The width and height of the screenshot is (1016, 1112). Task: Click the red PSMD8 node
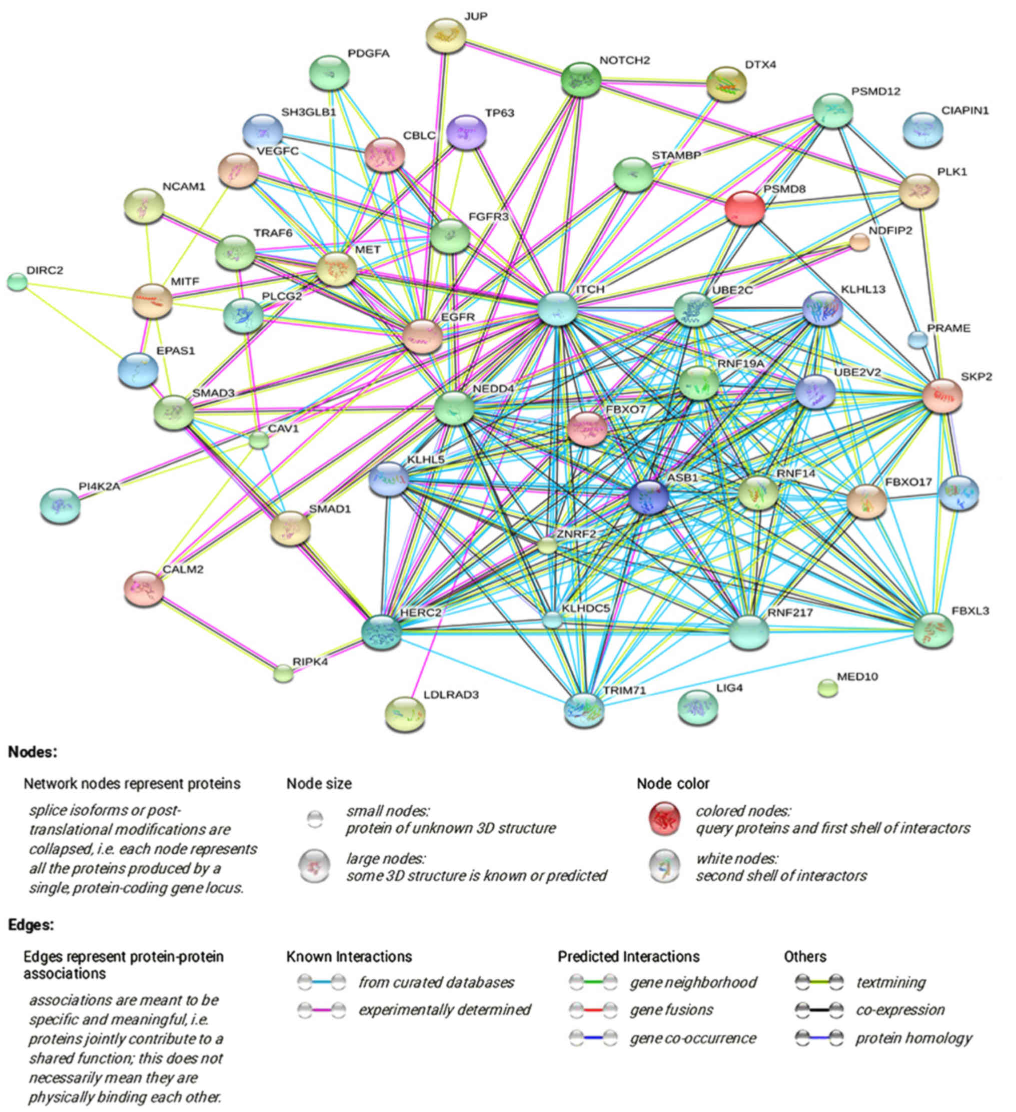[x=744, y=209]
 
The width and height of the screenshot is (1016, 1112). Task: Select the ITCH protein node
[x=557, y=309]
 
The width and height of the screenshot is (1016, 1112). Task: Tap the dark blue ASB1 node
[x=648, y=495]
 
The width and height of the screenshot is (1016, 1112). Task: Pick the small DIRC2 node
[x=17, y=282]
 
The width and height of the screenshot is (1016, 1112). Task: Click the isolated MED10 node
[x=827, y=688]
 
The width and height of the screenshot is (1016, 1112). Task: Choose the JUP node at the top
[x=446, y=36]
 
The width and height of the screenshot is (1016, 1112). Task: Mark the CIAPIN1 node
[x=922, y=130]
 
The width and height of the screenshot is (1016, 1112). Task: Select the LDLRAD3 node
[x=405, y=713]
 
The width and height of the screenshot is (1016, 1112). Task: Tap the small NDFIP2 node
[x=859, y=242]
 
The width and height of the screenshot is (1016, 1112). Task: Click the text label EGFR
[x=458, y=317]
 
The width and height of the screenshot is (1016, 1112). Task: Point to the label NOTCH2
[x=625, y=60]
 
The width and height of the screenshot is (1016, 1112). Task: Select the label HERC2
[x=421, y=612]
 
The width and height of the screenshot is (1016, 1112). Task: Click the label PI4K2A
[x=99, y=486]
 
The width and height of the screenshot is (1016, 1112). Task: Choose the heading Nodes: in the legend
[x=33, y=752]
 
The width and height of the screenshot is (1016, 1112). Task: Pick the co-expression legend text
[x=899, y=1010]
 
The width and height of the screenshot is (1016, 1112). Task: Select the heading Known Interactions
[x=349, y=956]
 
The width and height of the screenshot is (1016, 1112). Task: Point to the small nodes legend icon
[x=315, y=819]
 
